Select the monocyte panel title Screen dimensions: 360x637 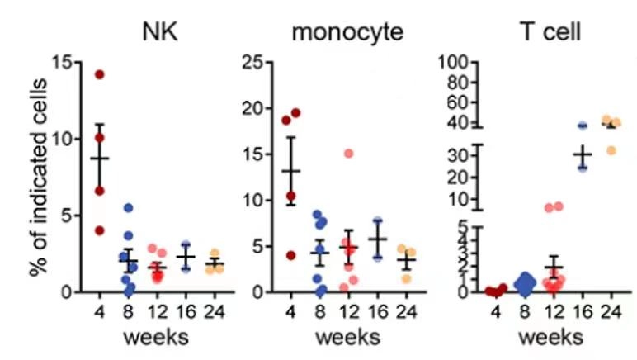[347, 33]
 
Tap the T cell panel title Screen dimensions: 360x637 [550, 33]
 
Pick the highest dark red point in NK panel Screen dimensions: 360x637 [100, 74]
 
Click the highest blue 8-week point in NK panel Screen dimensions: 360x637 [128, 208]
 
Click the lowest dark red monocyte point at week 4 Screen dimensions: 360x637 [290, 255]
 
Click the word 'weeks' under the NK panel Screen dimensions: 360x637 [156, 339]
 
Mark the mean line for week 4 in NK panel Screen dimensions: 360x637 [100, 158]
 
